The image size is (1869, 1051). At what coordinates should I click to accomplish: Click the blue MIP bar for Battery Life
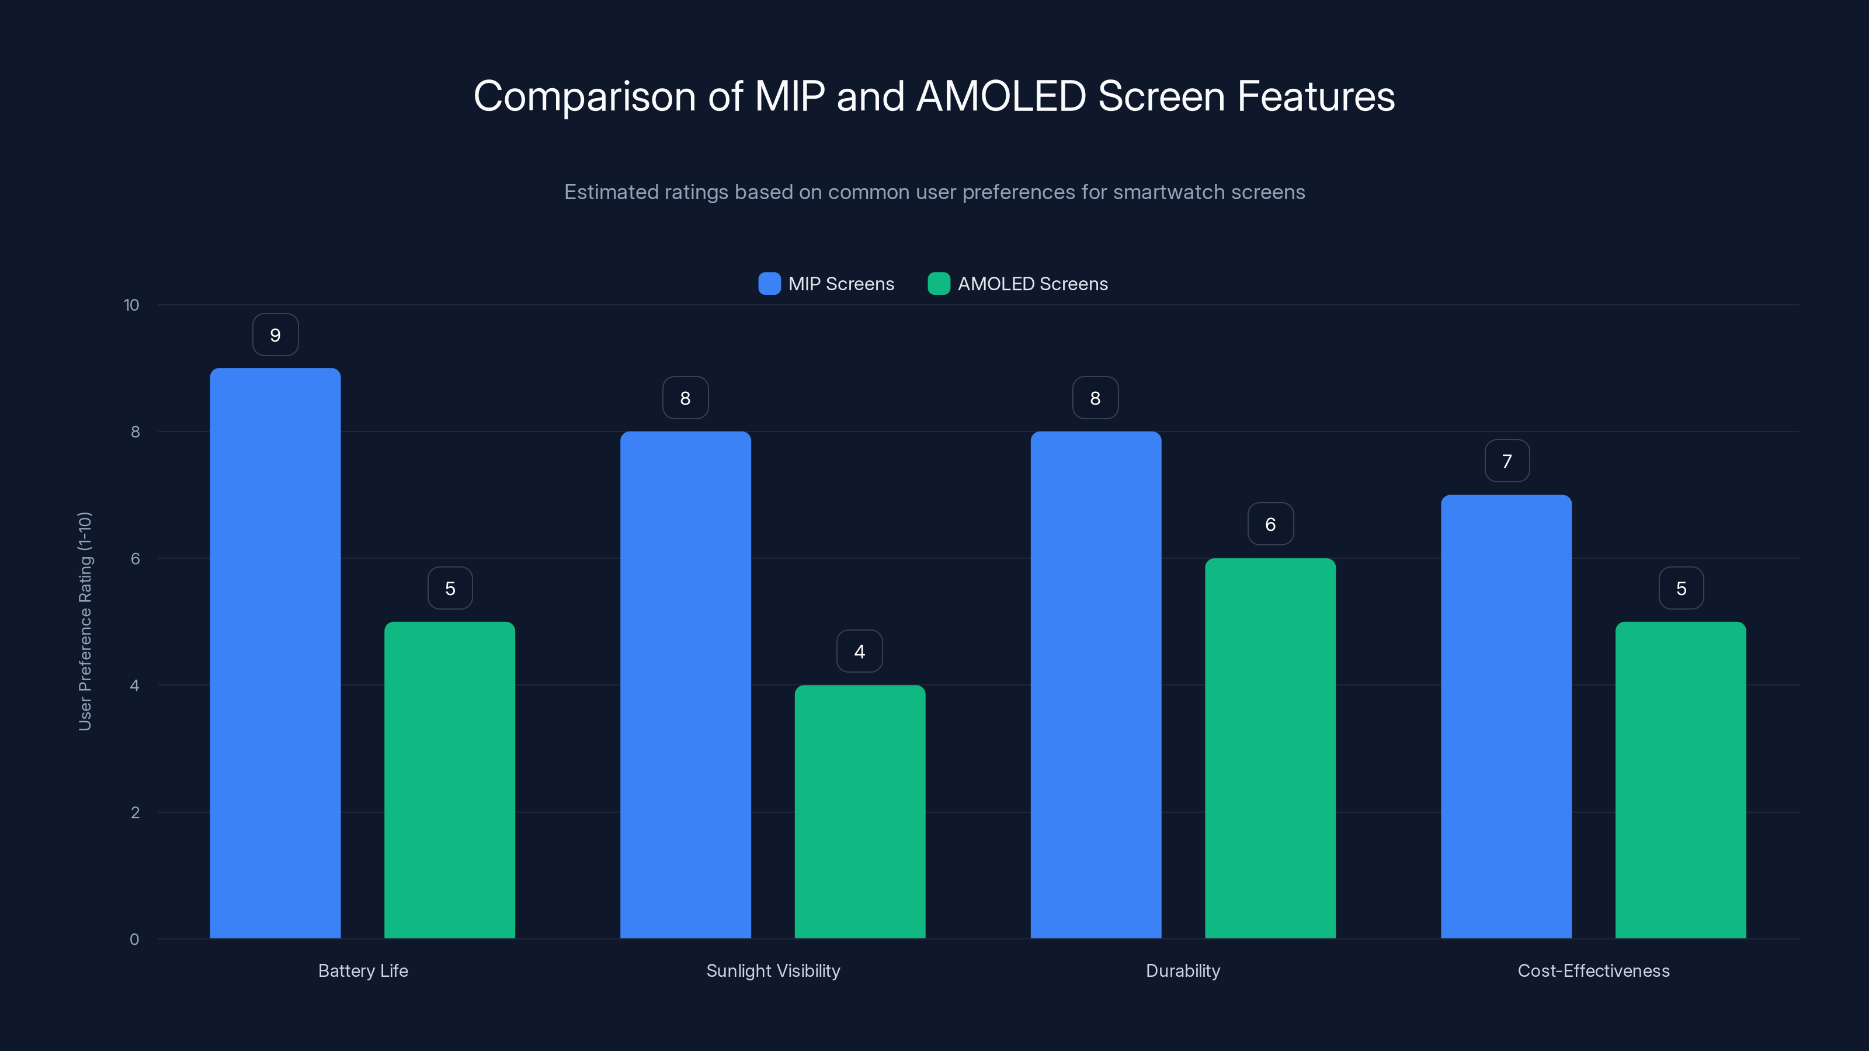click(275, 653)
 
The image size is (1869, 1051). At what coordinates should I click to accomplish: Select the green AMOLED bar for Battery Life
click(449, 779)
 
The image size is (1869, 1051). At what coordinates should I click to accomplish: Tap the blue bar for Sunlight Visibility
click(685, 685)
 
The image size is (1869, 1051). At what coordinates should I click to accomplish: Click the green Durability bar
click(1270, 748)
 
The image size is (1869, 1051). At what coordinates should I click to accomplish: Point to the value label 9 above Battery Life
click(275, 335)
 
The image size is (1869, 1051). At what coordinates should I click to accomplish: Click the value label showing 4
click(859, 652)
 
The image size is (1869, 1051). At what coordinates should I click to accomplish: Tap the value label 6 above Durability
click(1270, 524)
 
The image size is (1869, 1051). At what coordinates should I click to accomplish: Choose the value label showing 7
click(1506, 461)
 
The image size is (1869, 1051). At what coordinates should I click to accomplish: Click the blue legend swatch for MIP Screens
click(769, 284)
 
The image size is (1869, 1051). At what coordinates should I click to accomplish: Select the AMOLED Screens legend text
click(1033, 284)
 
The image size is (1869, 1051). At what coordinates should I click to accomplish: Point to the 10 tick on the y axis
click(131, 305)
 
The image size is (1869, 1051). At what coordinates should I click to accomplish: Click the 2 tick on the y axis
click(135, 812)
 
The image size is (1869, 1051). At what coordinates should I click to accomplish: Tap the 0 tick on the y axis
click(134, 939)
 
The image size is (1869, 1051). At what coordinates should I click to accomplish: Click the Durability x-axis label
click(1183, 970)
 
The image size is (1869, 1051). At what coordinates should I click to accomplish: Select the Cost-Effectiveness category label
click(1593, 970)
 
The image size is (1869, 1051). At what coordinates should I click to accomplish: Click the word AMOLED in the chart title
click(1000, 96)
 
